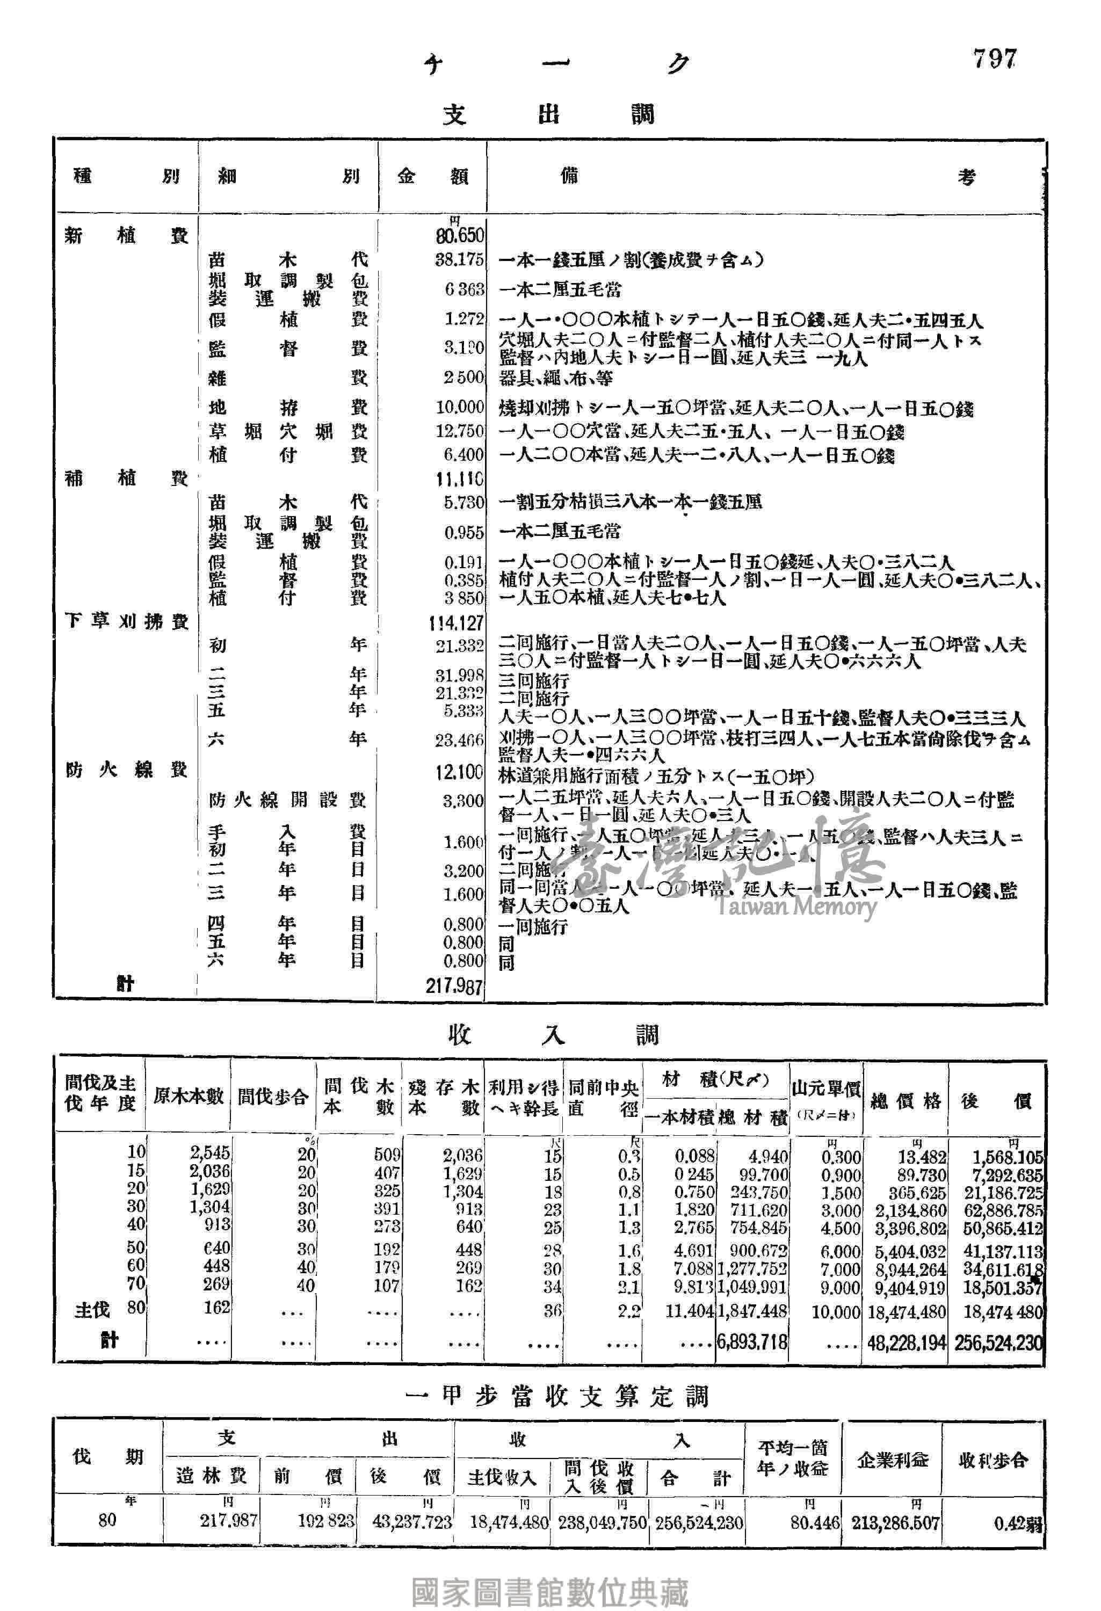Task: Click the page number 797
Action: [994, 60]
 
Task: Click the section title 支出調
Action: [548, 114]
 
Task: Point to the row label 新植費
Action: [126, 236]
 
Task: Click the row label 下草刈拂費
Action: [126, 621]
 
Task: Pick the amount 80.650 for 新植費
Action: [460, 236]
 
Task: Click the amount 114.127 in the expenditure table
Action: [455, 623]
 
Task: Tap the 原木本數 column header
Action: [188, 1096]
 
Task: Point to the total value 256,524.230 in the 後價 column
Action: [998, 1342]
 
